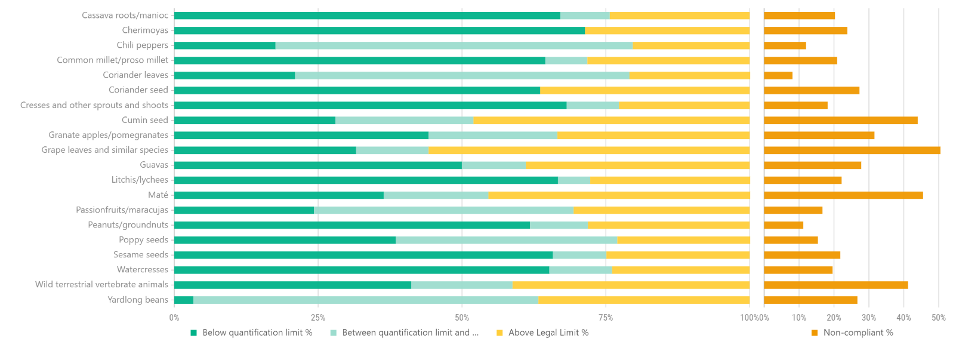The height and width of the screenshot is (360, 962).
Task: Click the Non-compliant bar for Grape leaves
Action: [x=852, y=150]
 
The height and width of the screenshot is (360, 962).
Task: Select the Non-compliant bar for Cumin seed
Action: [x=840, y=121]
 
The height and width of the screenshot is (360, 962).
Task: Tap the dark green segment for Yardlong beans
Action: [x=184, y=300]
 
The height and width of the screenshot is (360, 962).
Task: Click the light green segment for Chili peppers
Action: [x=454, y=45]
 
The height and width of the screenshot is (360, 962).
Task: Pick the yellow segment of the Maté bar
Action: [x=618, y=195]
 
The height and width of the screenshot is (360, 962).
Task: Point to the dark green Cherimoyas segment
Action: [x=379, y=30]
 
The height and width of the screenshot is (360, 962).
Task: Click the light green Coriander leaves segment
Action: [x=462, y=75]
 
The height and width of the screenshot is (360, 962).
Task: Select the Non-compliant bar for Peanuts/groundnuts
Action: [x=783, y=225]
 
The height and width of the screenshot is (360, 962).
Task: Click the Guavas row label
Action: [x=154, y=165]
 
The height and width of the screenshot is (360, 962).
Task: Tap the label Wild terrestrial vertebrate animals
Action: [x=101, y=284]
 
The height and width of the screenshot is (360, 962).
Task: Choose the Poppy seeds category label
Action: [x=143, y=239]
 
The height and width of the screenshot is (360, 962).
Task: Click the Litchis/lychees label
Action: [x=140, y=180]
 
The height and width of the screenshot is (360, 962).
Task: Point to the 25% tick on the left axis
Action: [x=318, y=318]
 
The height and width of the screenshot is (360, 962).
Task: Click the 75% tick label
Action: [x=606, y=318]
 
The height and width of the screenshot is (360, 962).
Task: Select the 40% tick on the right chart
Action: [x=904, y=318]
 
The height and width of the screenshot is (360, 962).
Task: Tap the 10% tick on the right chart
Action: [x=798, y=318]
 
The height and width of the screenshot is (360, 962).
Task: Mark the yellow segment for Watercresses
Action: [x=680, y=270]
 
